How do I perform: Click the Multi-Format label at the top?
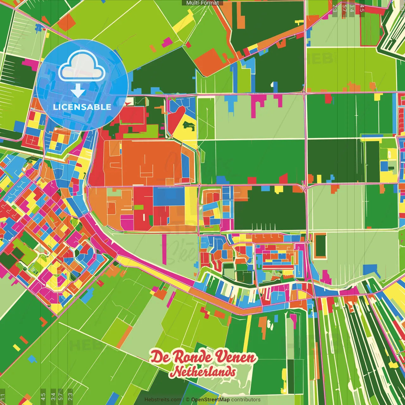click(202, 3)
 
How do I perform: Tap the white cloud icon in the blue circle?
click(82, 65)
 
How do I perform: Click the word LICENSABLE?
click(82, 107)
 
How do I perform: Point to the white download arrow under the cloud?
click(78, 91)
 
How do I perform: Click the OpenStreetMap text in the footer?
click(210, 400)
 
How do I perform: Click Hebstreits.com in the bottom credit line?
click(163, 400)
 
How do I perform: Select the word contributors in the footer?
click(246, 400)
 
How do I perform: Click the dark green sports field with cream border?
click(321, 246)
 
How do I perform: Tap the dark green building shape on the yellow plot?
click(189, 127)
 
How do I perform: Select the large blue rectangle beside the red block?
click(169, 196)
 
